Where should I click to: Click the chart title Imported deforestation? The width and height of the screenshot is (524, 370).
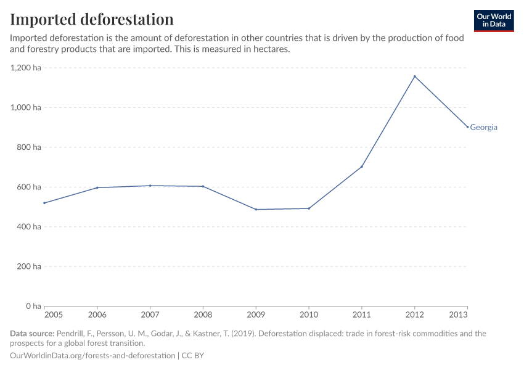(x=91, y=19)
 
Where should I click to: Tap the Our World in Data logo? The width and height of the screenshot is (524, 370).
(x=493, y=20)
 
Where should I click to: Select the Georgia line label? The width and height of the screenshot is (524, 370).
(x=483, y=128)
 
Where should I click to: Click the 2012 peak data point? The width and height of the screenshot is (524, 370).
(x=414, y=76)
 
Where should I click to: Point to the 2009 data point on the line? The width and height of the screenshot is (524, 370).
(x=256, y=210)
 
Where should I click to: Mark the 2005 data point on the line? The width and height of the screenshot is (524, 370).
(x=44, y=203)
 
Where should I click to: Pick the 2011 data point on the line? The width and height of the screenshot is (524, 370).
(x=362, y=166)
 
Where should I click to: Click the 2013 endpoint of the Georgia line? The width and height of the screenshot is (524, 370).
(x=467, y=127)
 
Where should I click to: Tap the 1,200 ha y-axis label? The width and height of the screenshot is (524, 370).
(x=26, y=68)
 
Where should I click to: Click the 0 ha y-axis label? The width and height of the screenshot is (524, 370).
(x=33, y=306)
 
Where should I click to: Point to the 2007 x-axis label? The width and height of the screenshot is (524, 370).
(x=150, y=315)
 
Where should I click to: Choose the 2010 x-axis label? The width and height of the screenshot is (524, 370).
(x=309, y=315)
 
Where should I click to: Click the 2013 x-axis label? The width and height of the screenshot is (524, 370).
(x=459, y=315)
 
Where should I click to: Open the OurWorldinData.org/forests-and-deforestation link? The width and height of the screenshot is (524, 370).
(x=92, y=356)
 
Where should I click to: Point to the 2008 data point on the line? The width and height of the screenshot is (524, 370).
(x=203, y=186)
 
